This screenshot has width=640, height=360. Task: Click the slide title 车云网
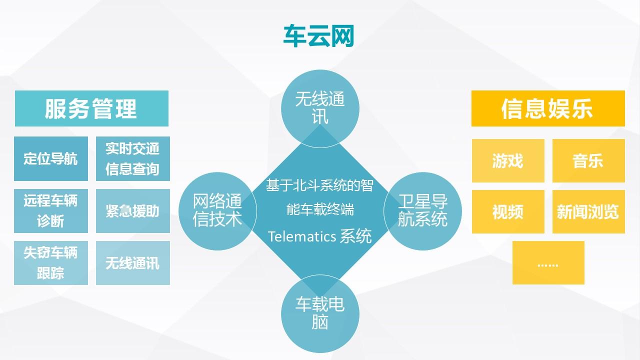pos(318,36)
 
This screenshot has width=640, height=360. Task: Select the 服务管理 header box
pos(91,108)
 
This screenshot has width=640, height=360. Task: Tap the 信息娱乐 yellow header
pos(548,108)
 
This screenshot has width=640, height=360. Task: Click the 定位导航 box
pos(51,158)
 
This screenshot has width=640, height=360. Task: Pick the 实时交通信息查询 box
pos(132,158)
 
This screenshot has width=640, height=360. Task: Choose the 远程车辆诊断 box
pos(51,210)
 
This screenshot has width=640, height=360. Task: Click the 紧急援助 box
pos(132,210)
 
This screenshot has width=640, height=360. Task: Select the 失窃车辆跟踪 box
pos(51,262)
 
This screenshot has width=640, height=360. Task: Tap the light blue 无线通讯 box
pos(132,262)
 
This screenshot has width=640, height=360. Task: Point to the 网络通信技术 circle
pos(217,210)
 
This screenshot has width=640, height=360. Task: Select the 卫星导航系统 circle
pos(422,210)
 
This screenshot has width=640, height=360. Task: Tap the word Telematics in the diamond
pos(302,236)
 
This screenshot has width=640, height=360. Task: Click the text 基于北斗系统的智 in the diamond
pos(319,186)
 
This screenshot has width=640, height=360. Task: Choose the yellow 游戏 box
pos(508,160)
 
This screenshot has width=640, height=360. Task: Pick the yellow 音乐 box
pos(588,160)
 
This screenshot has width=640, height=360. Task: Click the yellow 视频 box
pos(508,211)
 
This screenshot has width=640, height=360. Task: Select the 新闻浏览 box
pos(588,211)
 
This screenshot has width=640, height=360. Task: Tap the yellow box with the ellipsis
pos(548,262)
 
